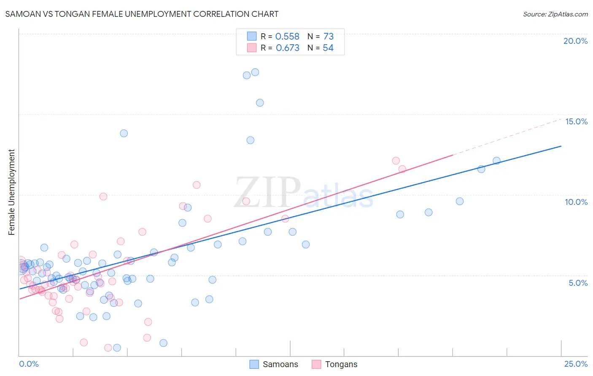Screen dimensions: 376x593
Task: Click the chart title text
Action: (142, 14)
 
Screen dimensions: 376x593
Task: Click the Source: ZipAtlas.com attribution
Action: (555, 14)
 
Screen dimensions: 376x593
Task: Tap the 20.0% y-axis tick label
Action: (575, 41)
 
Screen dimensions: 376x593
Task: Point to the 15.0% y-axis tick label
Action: (576, 121)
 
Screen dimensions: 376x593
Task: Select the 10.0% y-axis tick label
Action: (576, 202)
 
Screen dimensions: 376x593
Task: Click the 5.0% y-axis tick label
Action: (578, 283)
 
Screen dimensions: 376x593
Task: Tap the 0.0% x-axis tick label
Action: (29, 364)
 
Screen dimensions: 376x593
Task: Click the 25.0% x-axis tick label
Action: (576, 364)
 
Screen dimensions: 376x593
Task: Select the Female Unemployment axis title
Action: (11, 192)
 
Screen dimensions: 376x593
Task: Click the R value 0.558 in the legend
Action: (287, 37)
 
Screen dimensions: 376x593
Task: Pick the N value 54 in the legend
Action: (328, 48)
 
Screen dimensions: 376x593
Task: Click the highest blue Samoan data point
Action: (255, 72)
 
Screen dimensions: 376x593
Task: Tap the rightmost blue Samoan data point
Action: (496, 161)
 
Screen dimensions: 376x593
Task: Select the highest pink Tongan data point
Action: (396, 161)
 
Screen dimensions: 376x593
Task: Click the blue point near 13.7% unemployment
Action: (124, 133)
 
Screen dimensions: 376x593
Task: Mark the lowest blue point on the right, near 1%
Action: (163, 343)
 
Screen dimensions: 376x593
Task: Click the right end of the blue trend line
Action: (561, 146)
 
